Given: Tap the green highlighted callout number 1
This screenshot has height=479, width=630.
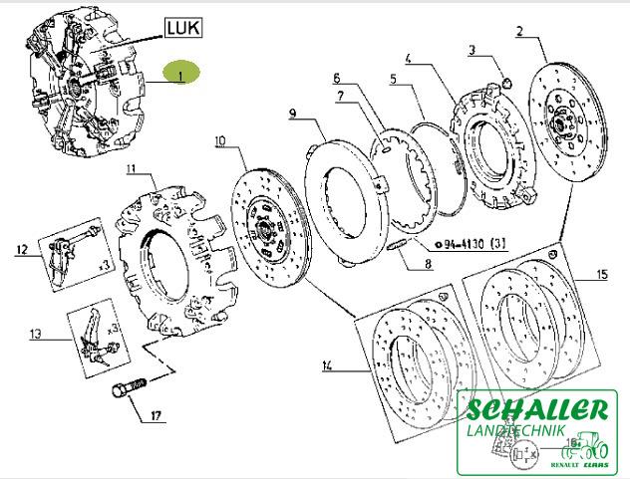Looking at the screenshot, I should [180, 74].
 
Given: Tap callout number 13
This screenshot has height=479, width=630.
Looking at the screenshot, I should [37, 336].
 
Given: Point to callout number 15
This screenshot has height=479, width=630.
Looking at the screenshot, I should [600, 274].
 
